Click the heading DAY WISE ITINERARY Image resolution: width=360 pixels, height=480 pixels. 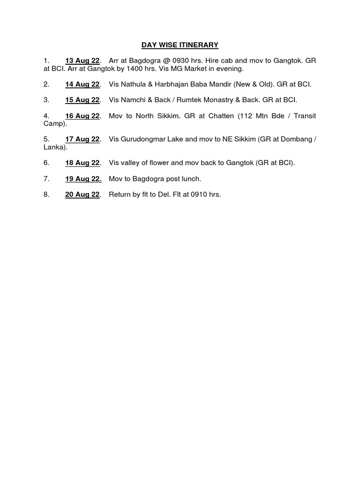[x=180, y=45]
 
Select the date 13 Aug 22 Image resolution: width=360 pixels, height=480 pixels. [x=82, y=60]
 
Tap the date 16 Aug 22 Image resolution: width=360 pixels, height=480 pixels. [x=82, y=116]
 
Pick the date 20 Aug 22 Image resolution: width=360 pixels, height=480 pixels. [x=82, y=195]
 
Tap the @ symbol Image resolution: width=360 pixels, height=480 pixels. [x=166, y=60]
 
